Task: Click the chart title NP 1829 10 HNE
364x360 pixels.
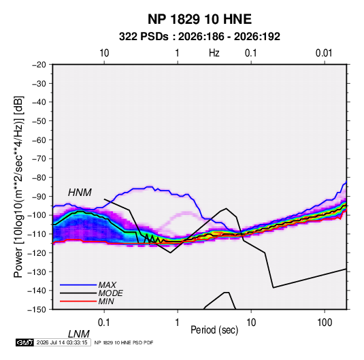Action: click(x=199, y=19)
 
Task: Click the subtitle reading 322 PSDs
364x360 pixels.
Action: click(x=144, y=37)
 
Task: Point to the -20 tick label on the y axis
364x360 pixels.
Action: click(x=39, y=65)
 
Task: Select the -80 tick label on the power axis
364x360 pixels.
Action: click(x=39, y=178)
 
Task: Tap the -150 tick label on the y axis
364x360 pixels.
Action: click(x=37, y=310)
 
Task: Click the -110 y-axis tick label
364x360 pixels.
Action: click(x=37, y=234)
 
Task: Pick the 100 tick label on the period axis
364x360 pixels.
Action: click(x=325, y=323)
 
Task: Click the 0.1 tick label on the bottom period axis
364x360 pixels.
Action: click(x=104, y=323)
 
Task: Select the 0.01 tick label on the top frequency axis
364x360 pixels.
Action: click(x=324, y=53)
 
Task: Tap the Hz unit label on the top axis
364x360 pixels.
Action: click(x=214, y=53)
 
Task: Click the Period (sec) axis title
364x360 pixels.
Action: click(x=214, y=330)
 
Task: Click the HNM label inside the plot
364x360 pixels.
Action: click(x=80, y=193)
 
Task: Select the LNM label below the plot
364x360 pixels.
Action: click(x=78, y=334)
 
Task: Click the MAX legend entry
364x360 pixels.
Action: click(x=107, y=285)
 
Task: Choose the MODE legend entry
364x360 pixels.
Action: click(x=110, y=293)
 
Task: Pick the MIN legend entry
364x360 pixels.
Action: click(x=106, y=301)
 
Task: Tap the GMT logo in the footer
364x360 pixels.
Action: click(x=24, y=342)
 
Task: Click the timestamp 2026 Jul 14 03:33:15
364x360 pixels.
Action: click(x=62, y=342)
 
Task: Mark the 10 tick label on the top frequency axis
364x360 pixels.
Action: click(x=104, y=53)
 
